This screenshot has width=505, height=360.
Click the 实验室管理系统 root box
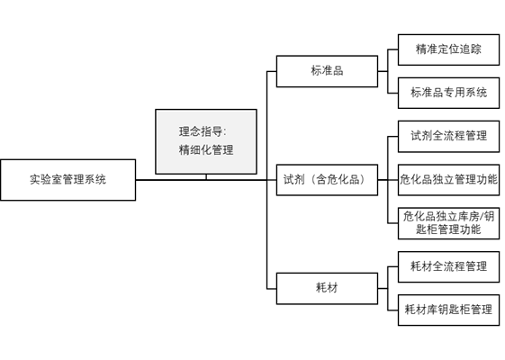click(x=68, y=179)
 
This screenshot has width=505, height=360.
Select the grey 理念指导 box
click(x=205, y=141)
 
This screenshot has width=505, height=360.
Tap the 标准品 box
click(x=326, y=71)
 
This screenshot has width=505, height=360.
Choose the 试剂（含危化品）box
click(x=326, y=179)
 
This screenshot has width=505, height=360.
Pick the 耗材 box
click(x=326, y=288)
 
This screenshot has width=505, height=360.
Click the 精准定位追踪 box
click(x=448, y=49)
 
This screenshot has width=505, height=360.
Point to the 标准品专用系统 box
click(x=448, y=92)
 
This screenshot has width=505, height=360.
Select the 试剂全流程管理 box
click(x=448, y=136)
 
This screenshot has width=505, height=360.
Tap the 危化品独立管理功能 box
click(x=448, y=179)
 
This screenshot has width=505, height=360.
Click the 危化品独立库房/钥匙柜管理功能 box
click(x=448, y=222)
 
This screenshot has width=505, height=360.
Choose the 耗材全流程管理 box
click(x=448, y=266)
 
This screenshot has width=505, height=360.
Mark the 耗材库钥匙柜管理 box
click(x=448, y=310)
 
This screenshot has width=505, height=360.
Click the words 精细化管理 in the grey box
click(x=205, y=150)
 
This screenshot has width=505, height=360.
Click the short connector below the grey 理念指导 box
click(x=206, y=176)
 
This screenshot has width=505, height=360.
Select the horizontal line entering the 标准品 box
click(x=271, y=71)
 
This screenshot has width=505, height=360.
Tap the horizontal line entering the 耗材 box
click(x=271, y=288)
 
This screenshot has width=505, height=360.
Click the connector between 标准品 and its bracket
click(x=382, y=71)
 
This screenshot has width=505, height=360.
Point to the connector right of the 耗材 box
click(x=382, y=288)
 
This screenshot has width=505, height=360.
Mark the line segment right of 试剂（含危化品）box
click(x=382, y=179)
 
